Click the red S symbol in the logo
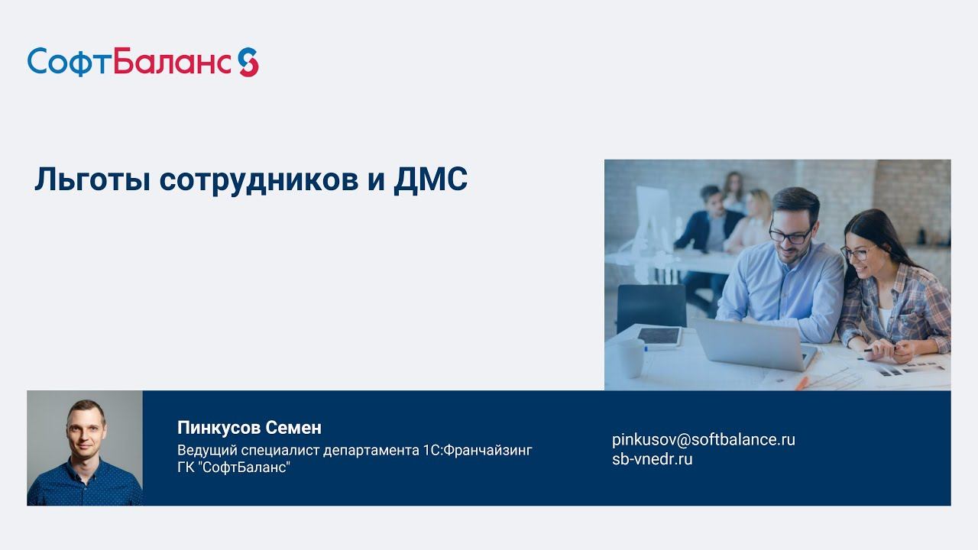[x=248, y=62]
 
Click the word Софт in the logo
[x=70, y=62]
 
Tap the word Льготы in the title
[x=92, y=180]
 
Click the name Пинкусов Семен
[x=249, y=427]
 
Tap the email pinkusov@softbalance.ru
[x=703, y=439]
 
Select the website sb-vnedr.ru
[x=652, y=459]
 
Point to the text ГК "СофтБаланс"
[x=234, y=467]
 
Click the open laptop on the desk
[x=753, y=343]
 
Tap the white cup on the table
[x=631, y=358]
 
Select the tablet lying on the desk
[x=659, y=336]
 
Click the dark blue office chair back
[x=651, y=305]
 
